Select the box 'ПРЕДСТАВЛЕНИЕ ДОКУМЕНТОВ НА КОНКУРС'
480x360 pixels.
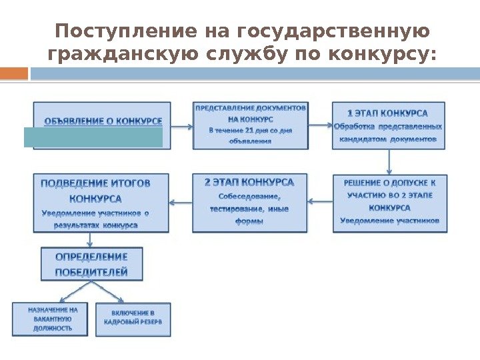point(251,125)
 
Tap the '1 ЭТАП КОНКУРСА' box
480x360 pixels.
point(389,125)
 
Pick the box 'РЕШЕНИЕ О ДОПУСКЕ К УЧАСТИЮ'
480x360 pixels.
point(389,203)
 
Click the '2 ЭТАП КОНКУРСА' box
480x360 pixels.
point(250,203)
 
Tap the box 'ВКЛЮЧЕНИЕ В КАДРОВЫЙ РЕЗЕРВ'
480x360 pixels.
point(133,319)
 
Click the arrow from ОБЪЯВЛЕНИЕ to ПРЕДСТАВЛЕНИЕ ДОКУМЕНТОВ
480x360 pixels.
point(181,125)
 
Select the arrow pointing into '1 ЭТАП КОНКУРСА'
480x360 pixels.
point(320,125)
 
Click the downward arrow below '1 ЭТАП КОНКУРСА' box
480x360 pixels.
point(389,161)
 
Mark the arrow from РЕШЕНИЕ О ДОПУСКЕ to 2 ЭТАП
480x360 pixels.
point(320,199)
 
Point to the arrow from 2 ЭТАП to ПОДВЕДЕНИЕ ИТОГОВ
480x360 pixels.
point(181,199)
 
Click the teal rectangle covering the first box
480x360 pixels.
point(93,137)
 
